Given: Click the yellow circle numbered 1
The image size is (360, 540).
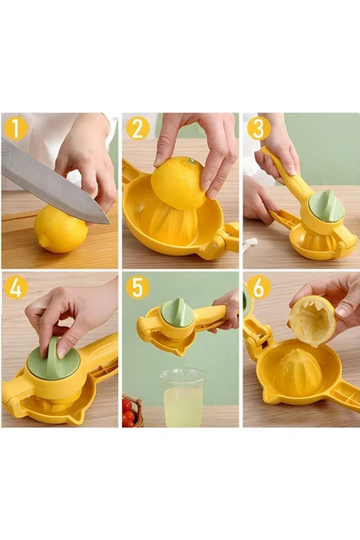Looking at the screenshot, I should pyautogui.click(x=15, y=129).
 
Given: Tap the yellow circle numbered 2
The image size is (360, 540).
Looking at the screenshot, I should pyautogui.click(x=137, y=129).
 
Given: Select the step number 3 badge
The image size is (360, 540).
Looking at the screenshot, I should pyautogui.click(x=257, y=129).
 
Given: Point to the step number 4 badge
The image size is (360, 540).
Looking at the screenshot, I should pyautogui.click(x=15, y=288).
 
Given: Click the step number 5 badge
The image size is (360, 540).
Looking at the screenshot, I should pyautogui.click(x=137, y=288).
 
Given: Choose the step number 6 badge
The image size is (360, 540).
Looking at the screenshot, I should pyautogui.click(x=257, y=288).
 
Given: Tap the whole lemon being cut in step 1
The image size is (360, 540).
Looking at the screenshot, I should pyautogui.click(x=61, y=230).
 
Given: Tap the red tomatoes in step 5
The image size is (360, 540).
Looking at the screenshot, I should pyautogui.click(x=129, y=411).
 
